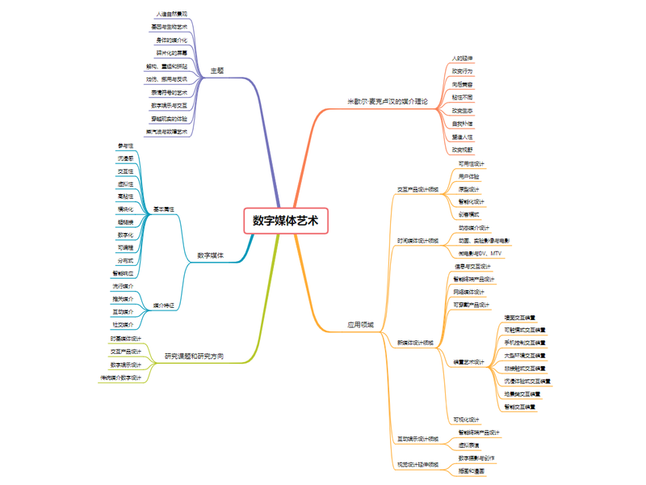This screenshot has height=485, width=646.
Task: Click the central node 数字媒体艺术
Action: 286,221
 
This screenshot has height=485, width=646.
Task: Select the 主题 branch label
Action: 216,70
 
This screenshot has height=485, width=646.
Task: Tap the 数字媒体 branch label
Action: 211,256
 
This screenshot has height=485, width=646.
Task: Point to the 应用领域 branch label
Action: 360,325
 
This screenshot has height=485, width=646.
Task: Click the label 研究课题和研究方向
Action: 195,356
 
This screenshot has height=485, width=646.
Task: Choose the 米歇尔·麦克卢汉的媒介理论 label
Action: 388,101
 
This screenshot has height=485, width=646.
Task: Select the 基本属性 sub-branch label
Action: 164,209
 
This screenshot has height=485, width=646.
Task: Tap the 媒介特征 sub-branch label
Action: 164,306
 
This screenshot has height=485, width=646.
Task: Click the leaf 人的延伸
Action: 463,58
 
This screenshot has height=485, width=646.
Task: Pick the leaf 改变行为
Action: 463,71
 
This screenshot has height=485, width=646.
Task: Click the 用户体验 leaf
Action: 468,176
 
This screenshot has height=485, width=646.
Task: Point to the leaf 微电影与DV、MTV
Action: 480,254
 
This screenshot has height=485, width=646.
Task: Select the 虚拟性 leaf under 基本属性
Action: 125,183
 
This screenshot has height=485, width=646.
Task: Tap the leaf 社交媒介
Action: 124,324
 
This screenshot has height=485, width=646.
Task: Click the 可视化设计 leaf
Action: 467,420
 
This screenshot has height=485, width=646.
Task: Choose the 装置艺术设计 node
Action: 468,362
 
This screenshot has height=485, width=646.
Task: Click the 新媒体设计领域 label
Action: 416,343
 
